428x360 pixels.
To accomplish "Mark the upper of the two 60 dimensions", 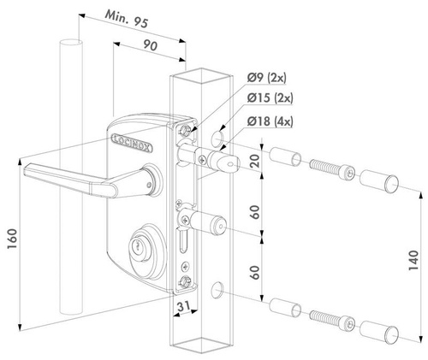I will (254, 210).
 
